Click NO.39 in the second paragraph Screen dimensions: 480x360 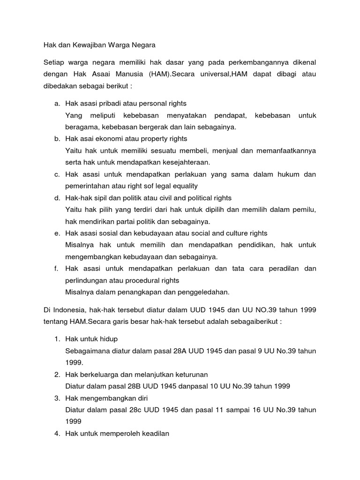click(x=255, y=310)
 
